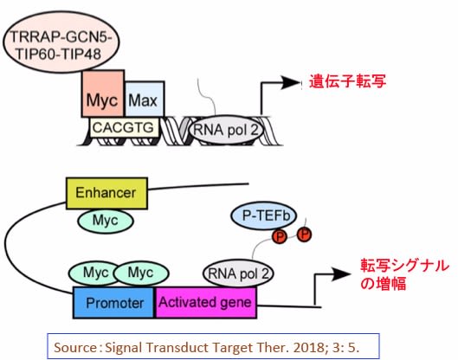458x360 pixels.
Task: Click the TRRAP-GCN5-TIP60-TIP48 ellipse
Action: [x=61, y=42]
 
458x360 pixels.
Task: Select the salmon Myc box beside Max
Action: [x=103, y=93]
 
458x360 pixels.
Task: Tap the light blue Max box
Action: [x=145, y=99]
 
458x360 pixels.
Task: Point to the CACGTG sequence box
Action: [x=124, y=127]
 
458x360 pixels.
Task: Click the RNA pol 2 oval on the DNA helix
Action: [x=225, y=129]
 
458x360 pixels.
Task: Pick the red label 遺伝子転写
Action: [x=347, y=80]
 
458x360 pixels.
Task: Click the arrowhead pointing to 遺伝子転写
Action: [x=290, y=82]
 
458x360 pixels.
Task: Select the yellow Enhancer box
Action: [x=106, y=193]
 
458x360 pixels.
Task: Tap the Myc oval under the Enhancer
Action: [x=106, y=221]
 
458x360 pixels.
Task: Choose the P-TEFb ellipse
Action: [x=264, y=216]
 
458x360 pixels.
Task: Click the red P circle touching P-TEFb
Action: [x=280, y=236]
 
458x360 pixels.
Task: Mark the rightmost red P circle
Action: [x=305, y=235]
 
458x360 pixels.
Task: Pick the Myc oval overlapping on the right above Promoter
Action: [x=141, y=273]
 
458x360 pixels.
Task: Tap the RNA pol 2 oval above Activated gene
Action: [x=238, y=273]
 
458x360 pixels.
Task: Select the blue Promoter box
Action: [x=113, y=303]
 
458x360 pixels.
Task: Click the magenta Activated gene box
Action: [x=206, y=303]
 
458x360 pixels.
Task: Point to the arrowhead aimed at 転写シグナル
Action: [x=341, y=273]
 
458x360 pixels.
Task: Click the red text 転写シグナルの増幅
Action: [x=404, y=274]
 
